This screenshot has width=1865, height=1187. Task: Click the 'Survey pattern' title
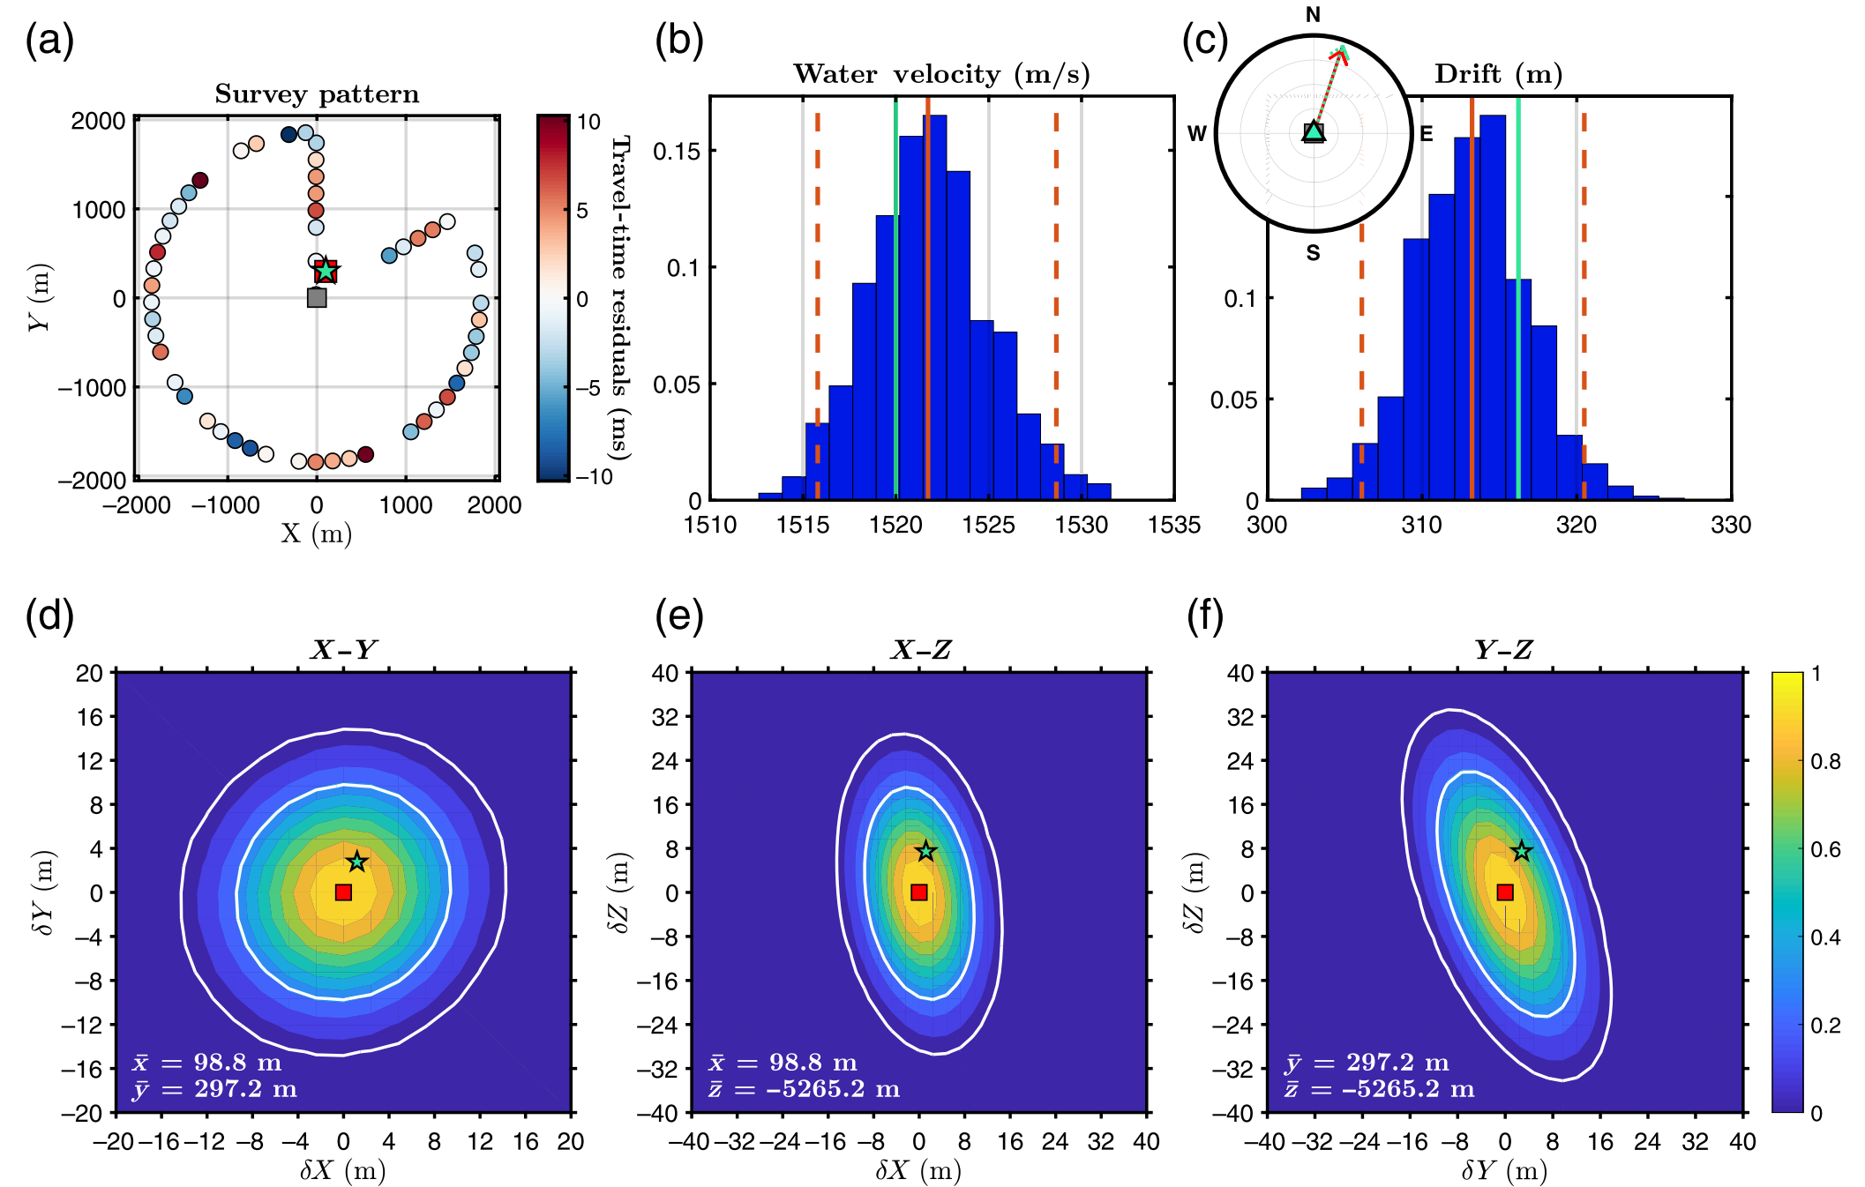(x=317, y=94)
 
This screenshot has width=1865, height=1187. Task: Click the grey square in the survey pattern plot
(x=317, y=298)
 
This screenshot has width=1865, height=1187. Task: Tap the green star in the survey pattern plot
(x=326, y=270)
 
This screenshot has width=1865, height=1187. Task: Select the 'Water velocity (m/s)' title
(x=941, y=74)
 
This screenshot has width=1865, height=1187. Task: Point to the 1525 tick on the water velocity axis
(x=988, y=526)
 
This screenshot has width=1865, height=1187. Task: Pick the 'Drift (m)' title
(x=1498, y=74)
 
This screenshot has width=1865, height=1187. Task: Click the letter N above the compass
(x=1313, y=15)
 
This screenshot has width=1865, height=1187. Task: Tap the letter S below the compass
(x=1314, y=254)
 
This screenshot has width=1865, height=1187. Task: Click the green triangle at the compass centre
(x=1314, y=132)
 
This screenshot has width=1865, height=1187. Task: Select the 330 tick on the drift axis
(x=1730, y=526)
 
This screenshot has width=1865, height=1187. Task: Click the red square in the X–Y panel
(x=344, y=892)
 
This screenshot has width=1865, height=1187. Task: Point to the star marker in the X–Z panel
(x=925, y=851)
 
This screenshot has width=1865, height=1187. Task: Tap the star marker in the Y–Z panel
(x=1522, y=851)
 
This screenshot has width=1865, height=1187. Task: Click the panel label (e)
(x=678, y=616)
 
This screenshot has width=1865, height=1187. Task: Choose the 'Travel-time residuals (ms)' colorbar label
(x=621, y=297)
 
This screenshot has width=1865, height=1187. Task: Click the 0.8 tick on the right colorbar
(x=1825, y=761)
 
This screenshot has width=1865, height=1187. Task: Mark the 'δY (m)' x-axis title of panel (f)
(x=1504, y=1170)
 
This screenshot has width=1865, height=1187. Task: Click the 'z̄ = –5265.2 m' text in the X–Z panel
(x=804, y=1090)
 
